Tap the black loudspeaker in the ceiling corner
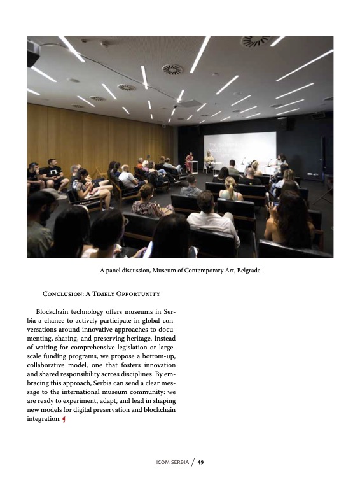[x=32, y=54]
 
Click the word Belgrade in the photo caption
[x=248, y=271]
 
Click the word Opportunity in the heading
[x=135, y=294]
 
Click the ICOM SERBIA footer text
[x=171, y=462]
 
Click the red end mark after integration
[x=64, y=419]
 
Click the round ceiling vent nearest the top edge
[x=256, y=41]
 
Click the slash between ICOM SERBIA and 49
[x=191, y=462]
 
